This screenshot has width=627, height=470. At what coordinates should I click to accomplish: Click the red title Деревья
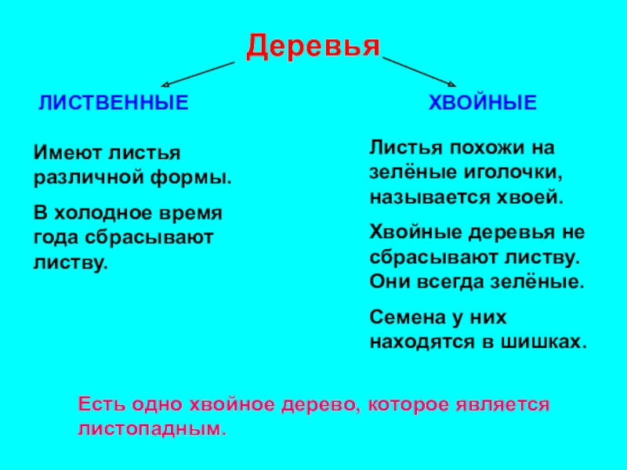pyautogui.click(x=313, y=47)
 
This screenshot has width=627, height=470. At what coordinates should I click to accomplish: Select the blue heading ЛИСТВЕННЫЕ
pyautogui.click(x=114, y=103)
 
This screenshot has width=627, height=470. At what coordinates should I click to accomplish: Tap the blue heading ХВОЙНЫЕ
pyautogui.click(x=482, y=103)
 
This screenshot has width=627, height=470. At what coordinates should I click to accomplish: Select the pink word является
pyautogui.click(x=506, y=406)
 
